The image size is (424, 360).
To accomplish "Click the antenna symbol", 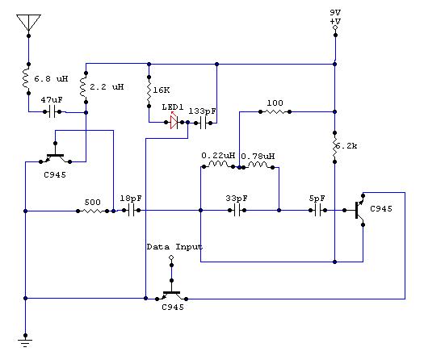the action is [x=28, y=23].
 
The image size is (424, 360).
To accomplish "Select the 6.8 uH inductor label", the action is [x=51, y=79].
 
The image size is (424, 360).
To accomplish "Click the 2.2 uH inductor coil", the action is [x=82, y=87].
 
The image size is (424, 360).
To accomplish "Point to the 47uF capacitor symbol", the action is [x=52, y=111].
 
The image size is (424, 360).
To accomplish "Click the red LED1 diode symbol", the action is [x=174, y=122].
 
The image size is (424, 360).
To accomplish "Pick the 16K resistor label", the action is [x=162, y=90].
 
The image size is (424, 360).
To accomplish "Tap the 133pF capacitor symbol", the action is [x=203, y=123].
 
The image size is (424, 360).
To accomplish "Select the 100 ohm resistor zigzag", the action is [x=275, y=111].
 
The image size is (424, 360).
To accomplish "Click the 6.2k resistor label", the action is [x=346, y=146].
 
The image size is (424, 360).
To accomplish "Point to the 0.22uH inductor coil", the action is [x=219, y=165].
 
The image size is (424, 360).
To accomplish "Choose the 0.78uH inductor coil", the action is [x=258, y=165].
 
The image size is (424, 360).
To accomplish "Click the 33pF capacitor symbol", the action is [x=237, y=211].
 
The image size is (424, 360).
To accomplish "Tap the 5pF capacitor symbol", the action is [x=317, y=211].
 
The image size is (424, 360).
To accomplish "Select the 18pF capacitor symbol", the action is [x=131, y=211].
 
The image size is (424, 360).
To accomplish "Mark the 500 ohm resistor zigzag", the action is [x=93, y=211].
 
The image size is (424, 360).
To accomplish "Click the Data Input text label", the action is [x=174, y=247].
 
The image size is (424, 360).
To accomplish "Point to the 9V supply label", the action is [x=335, y=12].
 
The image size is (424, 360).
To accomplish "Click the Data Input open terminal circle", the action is [x=171, y=257].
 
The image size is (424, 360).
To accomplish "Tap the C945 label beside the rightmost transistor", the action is [x=381, y=208].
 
